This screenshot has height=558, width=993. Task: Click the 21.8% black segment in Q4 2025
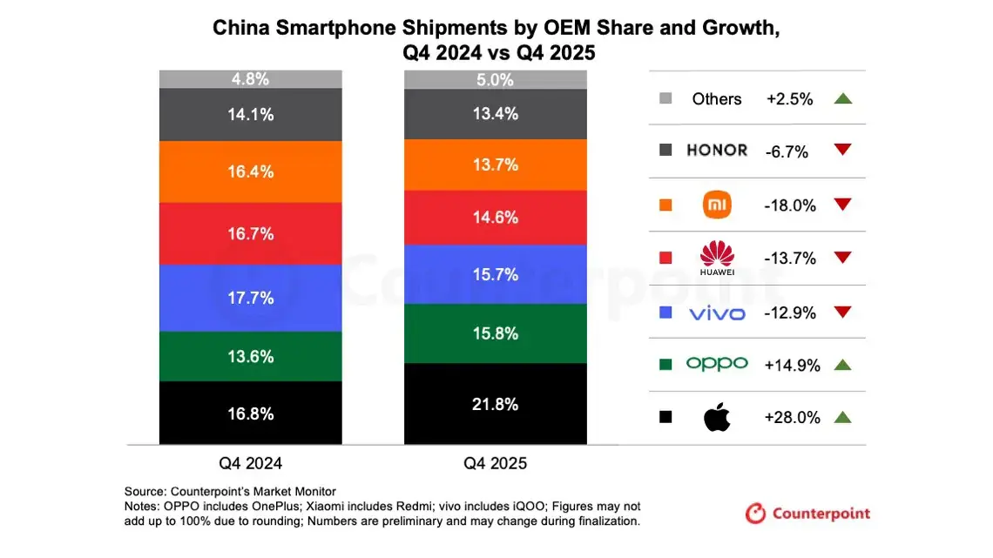click(x=495, y=404)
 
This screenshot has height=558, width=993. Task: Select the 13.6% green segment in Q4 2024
click(x=250, y=356)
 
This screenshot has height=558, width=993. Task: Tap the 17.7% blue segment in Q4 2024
click(x=250, y=298)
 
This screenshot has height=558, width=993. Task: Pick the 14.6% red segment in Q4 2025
click(x=495, y=218)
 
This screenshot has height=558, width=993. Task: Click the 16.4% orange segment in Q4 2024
click(x=250, y=171)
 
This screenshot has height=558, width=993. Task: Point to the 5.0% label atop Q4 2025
click(x=495, y=79)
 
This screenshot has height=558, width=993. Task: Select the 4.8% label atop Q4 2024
click(x=250, y=79)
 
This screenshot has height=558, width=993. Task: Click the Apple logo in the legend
click(x=717, y=418)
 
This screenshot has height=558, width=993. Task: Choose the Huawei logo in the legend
click(x=717, y=259)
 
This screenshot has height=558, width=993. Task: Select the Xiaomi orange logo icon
click(x=717, y=205)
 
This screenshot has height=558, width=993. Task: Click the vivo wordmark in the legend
click(x=717, y=313)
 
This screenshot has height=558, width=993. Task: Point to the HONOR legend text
click(x=717, y=151)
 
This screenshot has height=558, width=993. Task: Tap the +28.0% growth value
click(x=792, y=418)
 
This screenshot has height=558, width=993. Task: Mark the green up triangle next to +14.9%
click(x=841, y=365)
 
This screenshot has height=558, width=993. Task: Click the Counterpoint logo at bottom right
click(x=807, y=514)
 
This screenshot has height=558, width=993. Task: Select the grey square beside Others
click(x=666, y=98)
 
